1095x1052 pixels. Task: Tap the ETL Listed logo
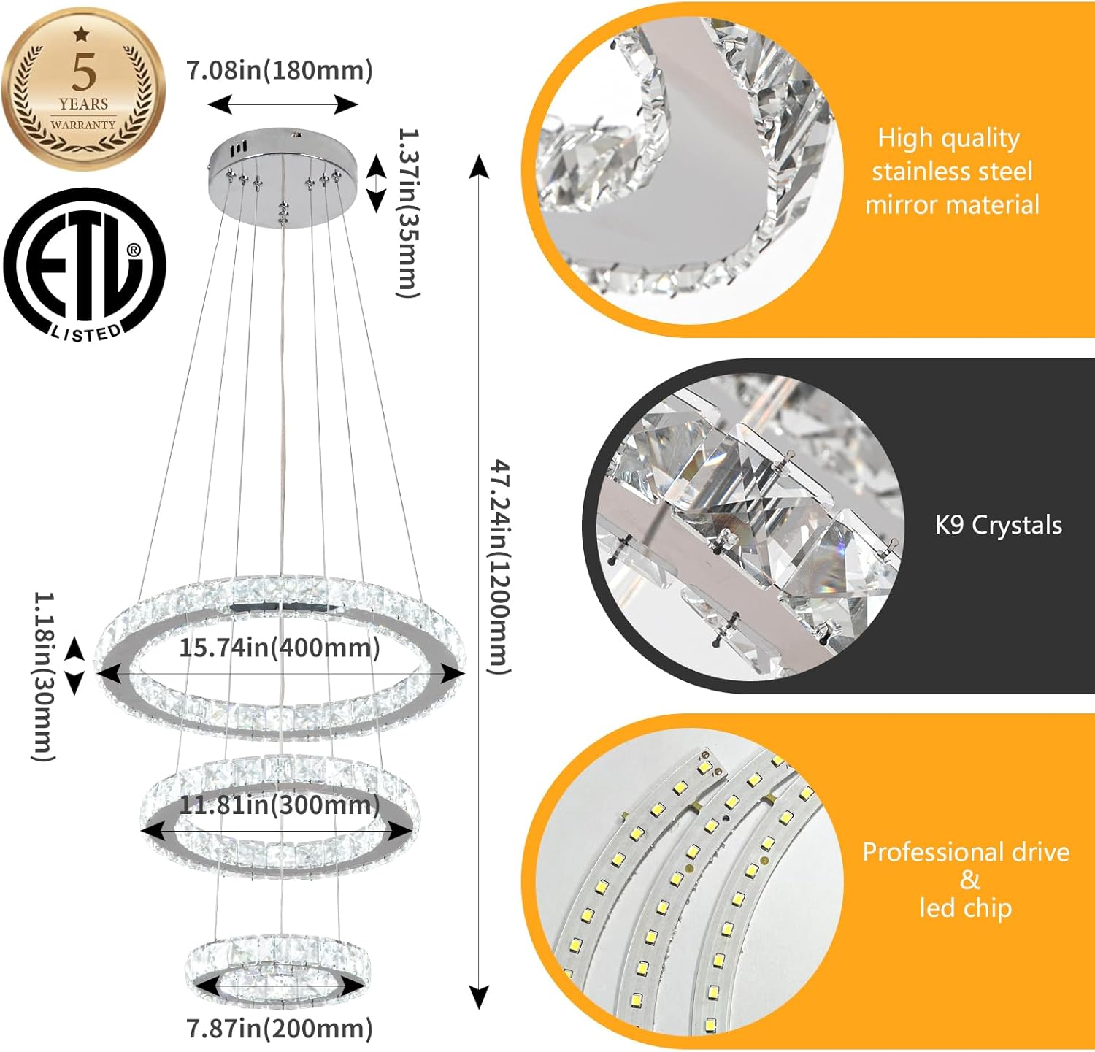[85, 264]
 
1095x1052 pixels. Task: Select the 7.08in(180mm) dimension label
[280, 71]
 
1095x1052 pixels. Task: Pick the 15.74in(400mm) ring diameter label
[280, 648]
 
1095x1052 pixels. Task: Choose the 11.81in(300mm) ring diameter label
[280, 805]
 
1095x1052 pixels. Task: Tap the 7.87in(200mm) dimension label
[280, 1029]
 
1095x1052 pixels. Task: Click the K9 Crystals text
[998, 525]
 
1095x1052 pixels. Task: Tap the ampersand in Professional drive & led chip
[969, 880]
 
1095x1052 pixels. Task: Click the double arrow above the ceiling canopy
[283, 104]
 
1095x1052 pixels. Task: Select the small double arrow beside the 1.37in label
[376, 183]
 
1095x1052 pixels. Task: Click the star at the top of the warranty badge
[82, 34]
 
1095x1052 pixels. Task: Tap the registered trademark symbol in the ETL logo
[134, 250]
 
